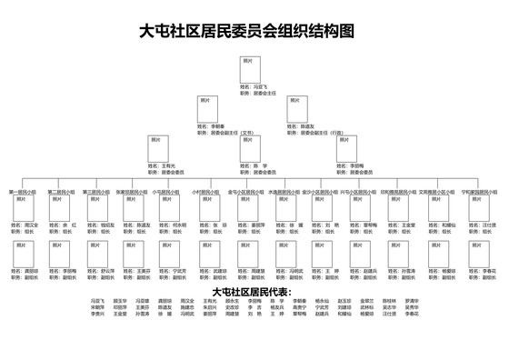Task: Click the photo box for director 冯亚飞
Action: pyautogui.click(x=253, y=72)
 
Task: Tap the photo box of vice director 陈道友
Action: pyautogui.click(x=299, y=110)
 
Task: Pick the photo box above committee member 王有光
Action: pyautogui.click(x=161, y=148)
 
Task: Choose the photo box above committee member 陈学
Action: pyautogui.click(x=253, y=148)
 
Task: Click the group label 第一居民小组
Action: pyautogui.click(x=23, y=193)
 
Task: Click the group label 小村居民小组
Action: pyautogui.click(x=205, y=193)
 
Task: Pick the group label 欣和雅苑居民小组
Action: pyautogui.click(x=400, y=193)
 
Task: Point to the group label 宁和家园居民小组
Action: pyautogui.click(x=480, y=193)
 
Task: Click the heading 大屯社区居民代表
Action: pyautogui.click(x=250, y=292)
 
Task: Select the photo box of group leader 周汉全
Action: pyautogui.click(x=20, y=208)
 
